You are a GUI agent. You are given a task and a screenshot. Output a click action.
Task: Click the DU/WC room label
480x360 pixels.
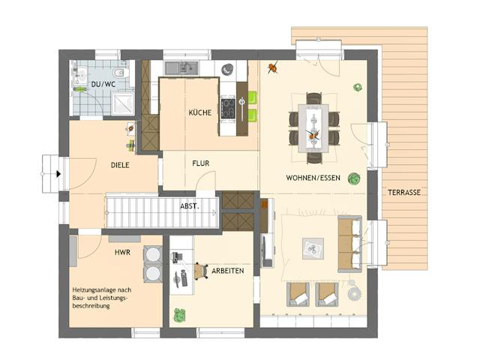pyautogui.click(x=103, y=84)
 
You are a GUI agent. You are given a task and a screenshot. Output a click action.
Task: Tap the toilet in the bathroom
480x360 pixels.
pyautogui.click(x=121, y=73)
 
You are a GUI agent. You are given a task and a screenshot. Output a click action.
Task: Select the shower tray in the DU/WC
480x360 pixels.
pyautogui.click(x=123, y=103)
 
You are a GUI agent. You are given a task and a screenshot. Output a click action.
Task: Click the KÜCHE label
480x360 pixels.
pyautogui.click(x=200, y=112)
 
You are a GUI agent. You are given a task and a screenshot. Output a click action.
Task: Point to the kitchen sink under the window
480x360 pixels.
pyautogui.click(x=181, y=68)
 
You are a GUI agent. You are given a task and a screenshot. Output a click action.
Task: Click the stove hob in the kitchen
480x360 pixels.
pyautogui.click(x=228, y=108)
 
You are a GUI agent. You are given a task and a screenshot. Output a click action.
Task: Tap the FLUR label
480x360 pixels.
pyautogui.click(x=201, y=163)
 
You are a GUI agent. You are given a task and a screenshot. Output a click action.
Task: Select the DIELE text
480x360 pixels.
pyautogui.click(x=120, y=165)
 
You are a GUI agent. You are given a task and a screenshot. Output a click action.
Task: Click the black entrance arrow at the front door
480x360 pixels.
pyautogui.click(x=58, y=174)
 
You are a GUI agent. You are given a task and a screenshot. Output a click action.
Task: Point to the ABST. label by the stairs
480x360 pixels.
pyautogui.click(x=190, y=206)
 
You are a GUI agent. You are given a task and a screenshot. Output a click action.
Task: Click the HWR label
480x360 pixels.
pyautogui.click(x=122, y=252)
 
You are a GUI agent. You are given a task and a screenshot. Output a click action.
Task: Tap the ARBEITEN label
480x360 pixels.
pyautogui.click(x=228, y=271)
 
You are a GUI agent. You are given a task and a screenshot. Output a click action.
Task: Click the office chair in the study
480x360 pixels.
pyautogui.click(x=200, y=271)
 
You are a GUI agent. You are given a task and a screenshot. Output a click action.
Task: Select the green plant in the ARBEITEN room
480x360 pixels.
pyautogui.click(x=180, y=315)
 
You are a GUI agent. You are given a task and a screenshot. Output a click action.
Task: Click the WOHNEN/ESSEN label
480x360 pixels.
pyautogui.click(x=313, y=178)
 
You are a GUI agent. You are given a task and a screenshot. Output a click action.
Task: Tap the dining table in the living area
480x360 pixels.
pyautogui.click(x=313, y=128)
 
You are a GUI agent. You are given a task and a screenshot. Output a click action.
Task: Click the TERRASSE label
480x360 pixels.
pyautogui.click(x=404, y=193)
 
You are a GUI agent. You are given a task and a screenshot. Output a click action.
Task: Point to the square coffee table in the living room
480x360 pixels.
pyautogui.click(x=313, y=248)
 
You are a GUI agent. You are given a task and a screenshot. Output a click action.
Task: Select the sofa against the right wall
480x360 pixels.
pyautogui.click(x=350, y=244)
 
